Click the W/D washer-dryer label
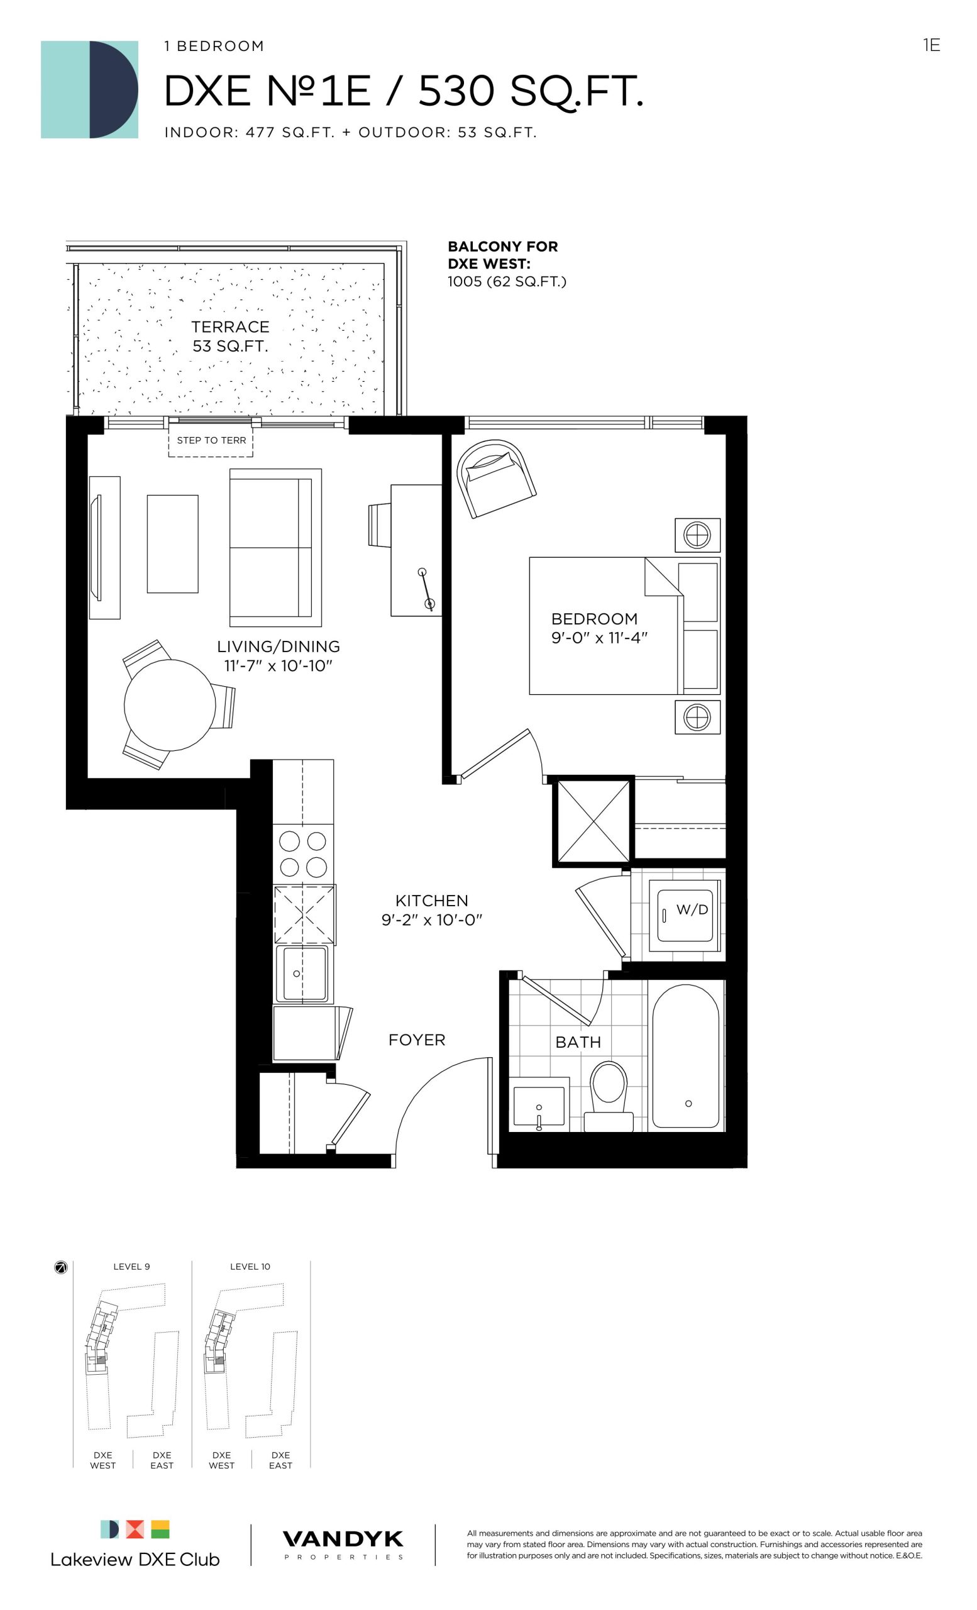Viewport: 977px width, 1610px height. [692, 909]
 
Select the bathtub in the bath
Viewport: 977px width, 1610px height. [686, 1057]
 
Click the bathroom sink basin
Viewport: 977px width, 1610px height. [539, 1108]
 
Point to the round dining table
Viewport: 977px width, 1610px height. [170, 705]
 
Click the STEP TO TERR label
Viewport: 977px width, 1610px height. [212, 440]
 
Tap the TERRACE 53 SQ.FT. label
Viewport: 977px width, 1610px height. [231, 336]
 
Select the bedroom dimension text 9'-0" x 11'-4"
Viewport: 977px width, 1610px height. [600, 638]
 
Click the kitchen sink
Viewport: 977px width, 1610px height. [302, 973]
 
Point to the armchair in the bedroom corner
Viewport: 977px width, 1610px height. [496, 477]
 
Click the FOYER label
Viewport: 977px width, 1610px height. [417, 1040]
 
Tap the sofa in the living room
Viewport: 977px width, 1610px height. [275, 547]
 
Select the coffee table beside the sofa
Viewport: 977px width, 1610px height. [172, 543]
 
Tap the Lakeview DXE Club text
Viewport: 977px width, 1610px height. [135, 1560]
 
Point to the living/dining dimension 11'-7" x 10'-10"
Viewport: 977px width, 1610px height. [279, 666]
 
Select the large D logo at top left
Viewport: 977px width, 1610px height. [89, 89]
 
